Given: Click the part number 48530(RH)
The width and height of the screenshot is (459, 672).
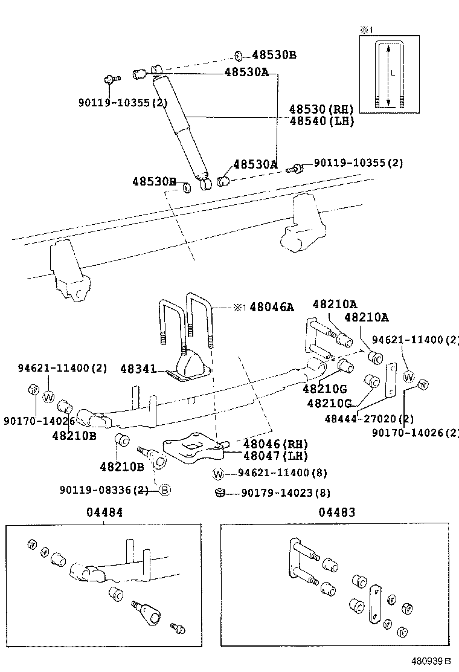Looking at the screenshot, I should [x=321, y=109].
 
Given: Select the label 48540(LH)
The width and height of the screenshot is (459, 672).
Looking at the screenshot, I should [x=321, y=121].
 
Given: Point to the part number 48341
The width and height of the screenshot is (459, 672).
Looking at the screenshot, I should [x=138, y=368].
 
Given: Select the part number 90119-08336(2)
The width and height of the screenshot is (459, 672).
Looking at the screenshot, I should [x=104, y=490].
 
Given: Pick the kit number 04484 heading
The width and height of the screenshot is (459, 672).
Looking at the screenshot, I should [x=104, y=512].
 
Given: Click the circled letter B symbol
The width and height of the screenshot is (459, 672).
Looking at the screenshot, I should [x=164, y=490].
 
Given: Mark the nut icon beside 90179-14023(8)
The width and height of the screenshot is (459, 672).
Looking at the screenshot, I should [x=220, y=493].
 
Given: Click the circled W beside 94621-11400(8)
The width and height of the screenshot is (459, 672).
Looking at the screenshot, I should [x=219, y=473].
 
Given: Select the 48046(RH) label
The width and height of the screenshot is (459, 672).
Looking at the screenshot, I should [x=275, y=445].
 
